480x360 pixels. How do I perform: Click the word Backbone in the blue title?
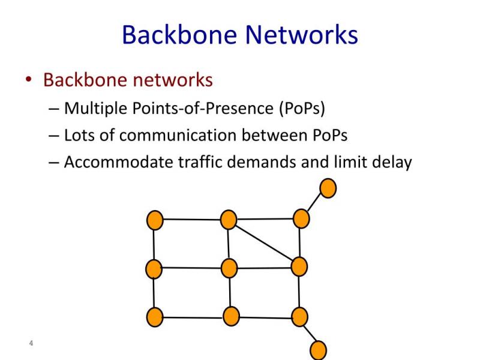[179, 35]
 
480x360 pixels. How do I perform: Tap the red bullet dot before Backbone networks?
[29, 79]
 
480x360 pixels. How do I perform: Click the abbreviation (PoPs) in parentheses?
[302, 109]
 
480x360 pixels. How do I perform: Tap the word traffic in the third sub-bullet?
[200, 161]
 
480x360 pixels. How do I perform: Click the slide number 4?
[31, 343]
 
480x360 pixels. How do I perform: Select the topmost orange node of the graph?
[328, 188]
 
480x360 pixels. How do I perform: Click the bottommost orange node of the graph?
[319, 350]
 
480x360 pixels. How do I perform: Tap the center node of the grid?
[229, 268]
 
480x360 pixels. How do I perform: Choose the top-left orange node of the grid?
[155, 220]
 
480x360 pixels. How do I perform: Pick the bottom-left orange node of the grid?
[155, 317]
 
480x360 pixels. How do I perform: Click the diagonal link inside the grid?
[264, 243]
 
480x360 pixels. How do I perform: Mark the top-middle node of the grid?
[229, 220]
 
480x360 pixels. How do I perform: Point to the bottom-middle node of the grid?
[231, 316]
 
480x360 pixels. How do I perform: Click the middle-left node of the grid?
[154, 269]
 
